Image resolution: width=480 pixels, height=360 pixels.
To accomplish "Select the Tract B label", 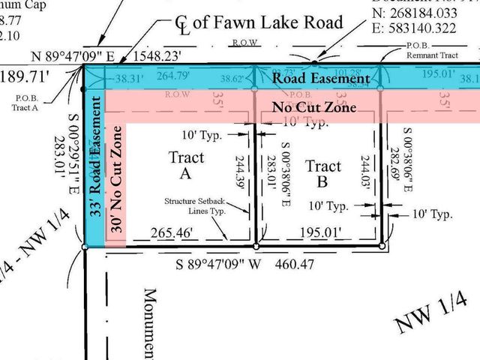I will (x=323, y=174).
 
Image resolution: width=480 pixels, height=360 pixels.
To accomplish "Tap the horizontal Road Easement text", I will (x=320, y=78).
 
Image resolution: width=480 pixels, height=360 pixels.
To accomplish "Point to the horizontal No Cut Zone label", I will (x=313, y=107).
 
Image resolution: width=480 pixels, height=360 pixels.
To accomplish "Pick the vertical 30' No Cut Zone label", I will (x=116, y=183).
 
